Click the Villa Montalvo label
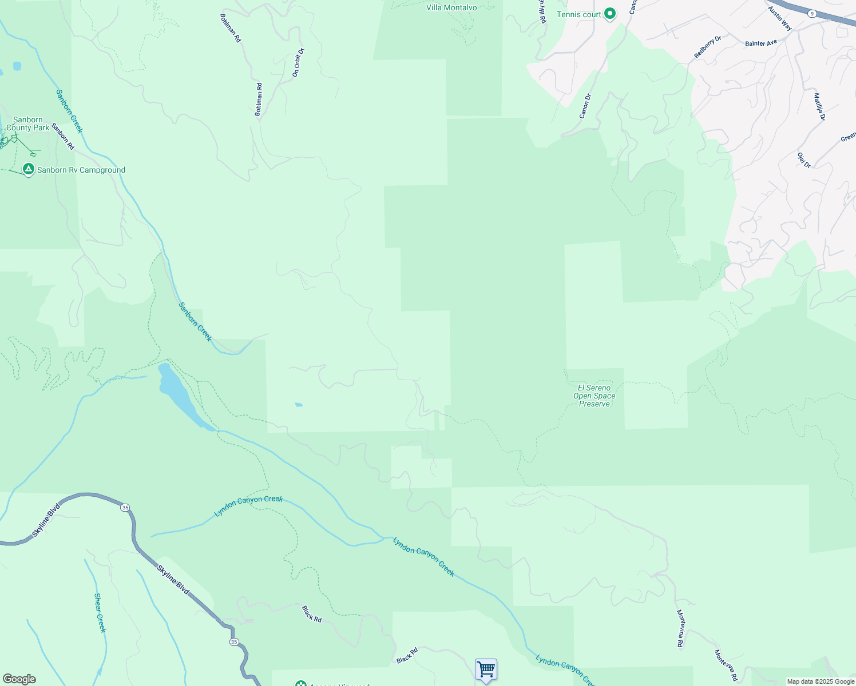[451, 7]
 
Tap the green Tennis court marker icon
[610, 14]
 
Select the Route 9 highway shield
[812, 13]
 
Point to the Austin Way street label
[780, 18]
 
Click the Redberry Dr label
[708, 47]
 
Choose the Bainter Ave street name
[761, 43]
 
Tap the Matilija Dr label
[819, 106]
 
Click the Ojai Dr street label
[804, 160]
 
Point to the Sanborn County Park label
[28, 123]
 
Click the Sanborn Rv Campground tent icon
[28, 169]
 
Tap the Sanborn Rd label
[63, 137]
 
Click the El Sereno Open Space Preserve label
[595, 396]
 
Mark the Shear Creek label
[100, 613]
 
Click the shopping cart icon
[486, 669]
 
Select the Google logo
[19, 679]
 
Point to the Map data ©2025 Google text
[821, 681]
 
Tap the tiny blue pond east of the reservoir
[299, 405]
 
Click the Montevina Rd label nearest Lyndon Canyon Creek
[680, 629]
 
